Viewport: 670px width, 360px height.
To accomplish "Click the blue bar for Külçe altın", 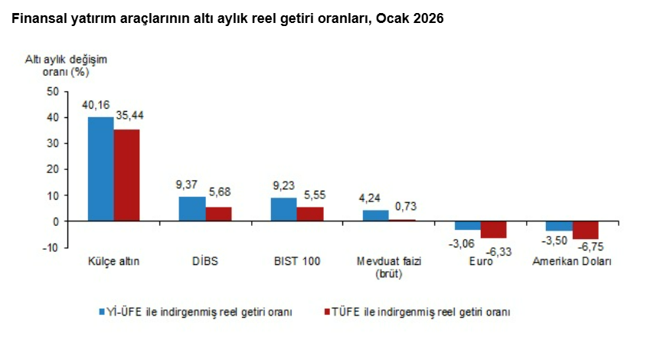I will point(100,169).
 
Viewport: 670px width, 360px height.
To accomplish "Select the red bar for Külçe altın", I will point(126,175).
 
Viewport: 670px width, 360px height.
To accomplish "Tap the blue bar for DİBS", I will point(192,208).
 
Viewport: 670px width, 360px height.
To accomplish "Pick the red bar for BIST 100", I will point(309,214).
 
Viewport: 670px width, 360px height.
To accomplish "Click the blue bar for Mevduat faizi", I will point(375,215).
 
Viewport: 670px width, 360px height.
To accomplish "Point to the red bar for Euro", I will point(493,230).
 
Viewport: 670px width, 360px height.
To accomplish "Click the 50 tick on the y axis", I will point(53,91).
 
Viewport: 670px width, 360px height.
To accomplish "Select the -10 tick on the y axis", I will point(51,247).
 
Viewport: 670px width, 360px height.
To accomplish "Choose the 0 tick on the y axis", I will point(56,221).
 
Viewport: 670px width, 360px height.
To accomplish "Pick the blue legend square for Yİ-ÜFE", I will point(100,312).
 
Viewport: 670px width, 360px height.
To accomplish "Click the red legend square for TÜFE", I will point(326,312).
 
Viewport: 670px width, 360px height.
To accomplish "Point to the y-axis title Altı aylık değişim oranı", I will point(57,66).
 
